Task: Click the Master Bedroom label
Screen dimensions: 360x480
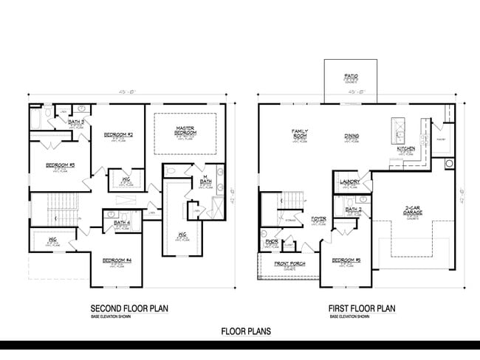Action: click(185, 131)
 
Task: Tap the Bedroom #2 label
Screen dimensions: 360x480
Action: click(118, 135)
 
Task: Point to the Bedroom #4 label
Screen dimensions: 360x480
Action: click(117, 260)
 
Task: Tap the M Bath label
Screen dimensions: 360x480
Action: click(207, 179)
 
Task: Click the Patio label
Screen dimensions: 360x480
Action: click(351, 76)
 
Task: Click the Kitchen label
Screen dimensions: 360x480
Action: click(406, 149)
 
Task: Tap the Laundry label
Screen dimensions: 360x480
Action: click(349, 181)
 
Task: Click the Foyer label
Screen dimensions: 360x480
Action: click(319, 219)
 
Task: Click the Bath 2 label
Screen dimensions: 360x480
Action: click(353, 210)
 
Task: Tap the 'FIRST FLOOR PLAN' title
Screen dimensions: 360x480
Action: click(363, 308)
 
